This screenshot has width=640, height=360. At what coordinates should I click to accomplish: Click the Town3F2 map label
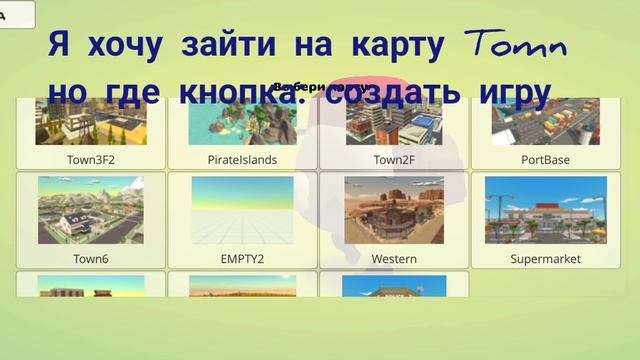click(91, 159)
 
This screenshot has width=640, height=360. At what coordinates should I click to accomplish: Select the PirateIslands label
click(242, 159)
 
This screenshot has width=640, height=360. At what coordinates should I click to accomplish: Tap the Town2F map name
click(394, 159)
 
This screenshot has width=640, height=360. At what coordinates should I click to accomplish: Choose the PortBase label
click(545, 159)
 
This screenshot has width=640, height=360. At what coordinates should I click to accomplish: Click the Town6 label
click(91, 258)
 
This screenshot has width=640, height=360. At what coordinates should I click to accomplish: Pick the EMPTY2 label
click(242, 258)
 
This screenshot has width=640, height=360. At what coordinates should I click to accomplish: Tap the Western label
click(394, 258)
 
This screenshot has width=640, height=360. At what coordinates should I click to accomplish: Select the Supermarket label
click(545, 258)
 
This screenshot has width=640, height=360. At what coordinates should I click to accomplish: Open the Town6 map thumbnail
click(91, 211)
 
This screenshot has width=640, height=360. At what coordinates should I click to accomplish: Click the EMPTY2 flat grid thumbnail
click(242, 211)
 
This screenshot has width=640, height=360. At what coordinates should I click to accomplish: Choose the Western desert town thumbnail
click(394, 211)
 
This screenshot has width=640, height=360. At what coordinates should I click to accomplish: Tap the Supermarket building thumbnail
click(545, 211)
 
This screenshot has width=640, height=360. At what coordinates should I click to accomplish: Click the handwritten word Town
click(517, 45)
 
